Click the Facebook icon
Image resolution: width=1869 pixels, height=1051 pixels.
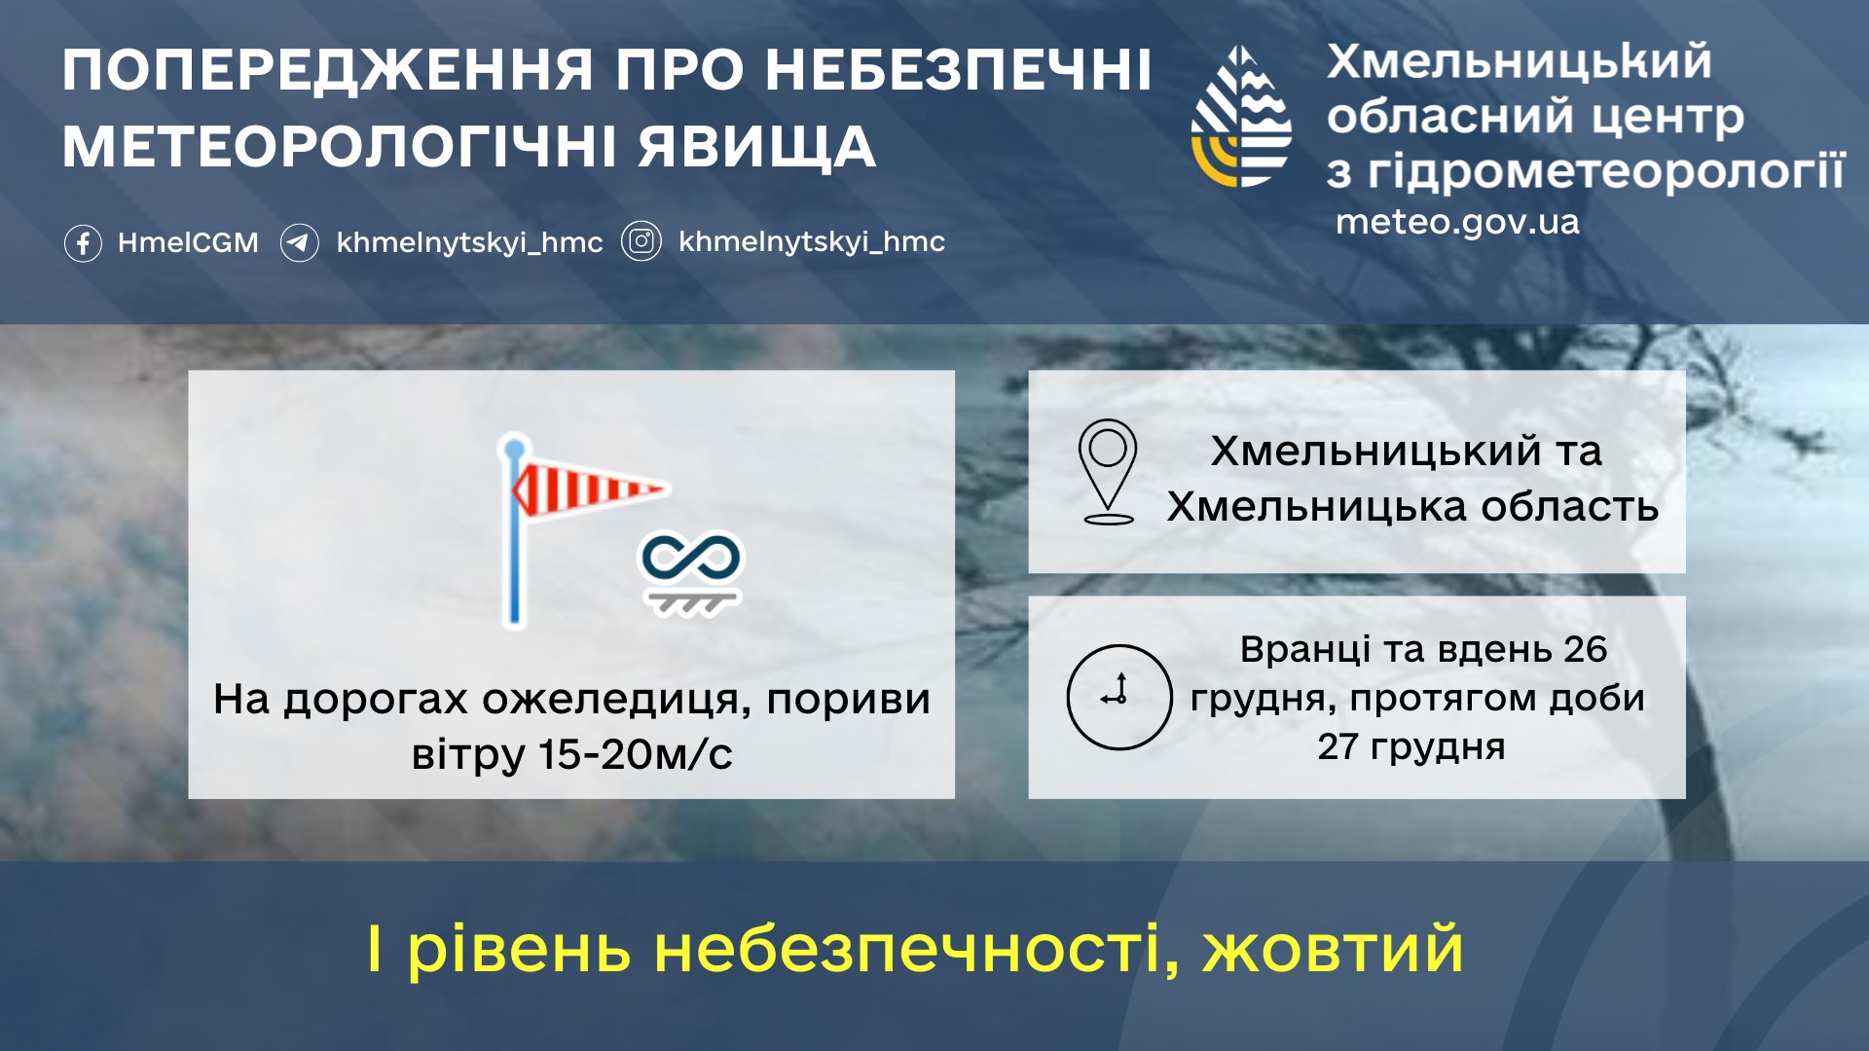coord(83,242)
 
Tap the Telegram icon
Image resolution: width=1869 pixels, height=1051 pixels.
coord(300,242)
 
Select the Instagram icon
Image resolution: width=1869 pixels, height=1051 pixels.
coord(641,241)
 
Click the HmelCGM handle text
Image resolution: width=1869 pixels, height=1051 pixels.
coord(188,242)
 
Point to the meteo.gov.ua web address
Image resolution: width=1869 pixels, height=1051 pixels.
coord(1457,223)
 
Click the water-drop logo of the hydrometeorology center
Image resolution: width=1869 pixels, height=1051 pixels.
coord(1241,116)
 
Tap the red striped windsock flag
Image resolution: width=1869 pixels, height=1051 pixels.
coord(590,489)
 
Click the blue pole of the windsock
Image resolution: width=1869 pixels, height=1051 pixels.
coord(515,531)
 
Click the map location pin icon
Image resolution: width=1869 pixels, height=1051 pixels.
coord(1108,471)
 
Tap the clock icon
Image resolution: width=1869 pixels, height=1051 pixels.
coord(1119,697)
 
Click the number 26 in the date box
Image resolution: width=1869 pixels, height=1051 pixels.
coord(1585,649)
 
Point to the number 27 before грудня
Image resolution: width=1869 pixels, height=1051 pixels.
coord(1338,746)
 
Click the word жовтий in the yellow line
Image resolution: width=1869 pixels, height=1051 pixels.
coord(1333,949)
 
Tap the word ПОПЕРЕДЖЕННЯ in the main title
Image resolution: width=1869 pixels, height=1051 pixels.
coord(328,70)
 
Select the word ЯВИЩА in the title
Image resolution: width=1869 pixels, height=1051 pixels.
coord(757,147)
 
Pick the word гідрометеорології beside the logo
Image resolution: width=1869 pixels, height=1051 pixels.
coord(1606,171)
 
